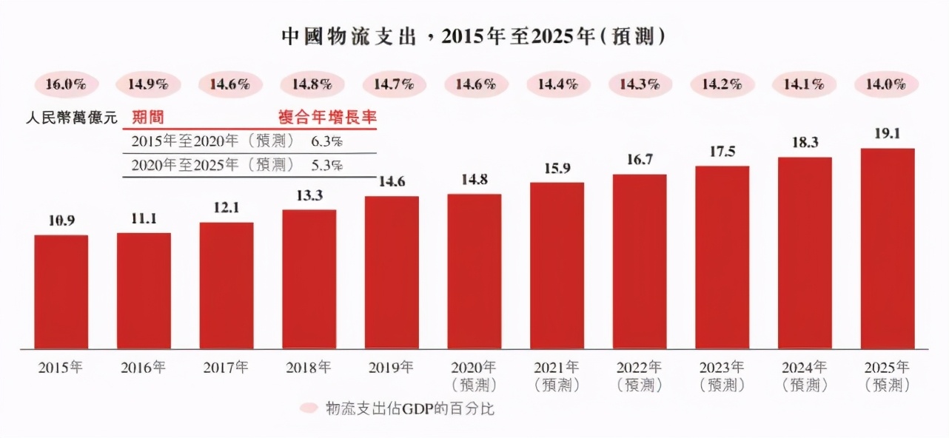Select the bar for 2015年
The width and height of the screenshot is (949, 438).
[x=61, y=292]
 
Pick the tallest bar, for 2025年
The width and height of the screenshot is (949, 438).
[x=888, y=249]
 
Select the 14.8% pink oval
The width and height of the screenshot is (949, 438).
[x=309, y=84]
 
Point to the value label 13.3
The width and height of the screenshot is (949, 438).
[x=309, y=196]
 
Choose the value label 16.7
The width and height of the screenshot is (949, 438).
[x=640, y=161]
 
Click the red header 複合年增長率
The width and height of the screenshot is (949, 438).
[x=322, y=117]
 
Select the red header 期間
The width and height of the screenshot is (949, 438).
[x=147, y=117]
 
